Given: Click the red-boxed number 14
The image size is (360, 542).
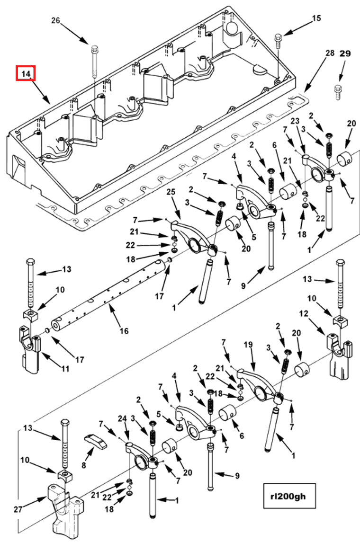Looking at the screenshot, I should tap(26, 74).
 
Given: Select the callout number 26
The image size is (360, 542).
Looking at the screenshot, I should tap(56, 20).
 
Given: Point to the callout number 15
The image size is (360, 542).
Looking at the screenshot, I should tap(316, 18).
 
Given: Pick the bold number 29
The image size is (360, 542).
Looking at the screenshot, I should tap(345, 54).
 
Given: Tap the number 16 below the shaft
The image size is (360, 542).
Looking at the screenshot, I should tap(124, 331).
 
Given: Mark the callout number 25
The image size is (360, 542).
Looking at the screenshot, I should tap(171, 192).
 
